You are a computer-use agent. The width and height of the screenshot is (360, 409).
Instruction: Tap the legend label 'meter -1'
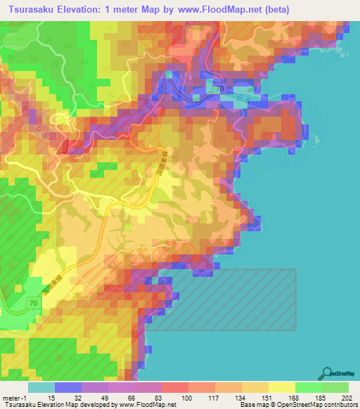(13, 398)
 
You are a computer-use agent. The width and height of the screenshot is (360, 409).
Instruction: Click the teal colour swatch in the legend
(41, 387)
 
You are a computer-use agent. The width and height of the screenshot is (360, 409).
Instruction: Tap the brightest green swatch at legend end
(336, 387)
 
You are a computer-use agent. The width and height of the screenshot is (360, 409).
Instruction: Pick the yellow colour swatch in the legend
(282, 387)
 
